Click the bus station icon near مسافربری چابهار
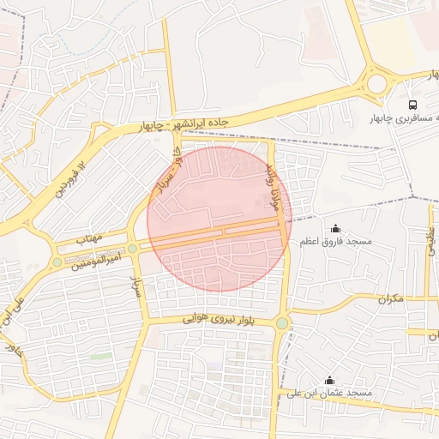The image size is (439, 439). (414, 103)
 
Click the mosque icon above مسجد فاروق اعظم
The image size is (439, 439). (334, 228)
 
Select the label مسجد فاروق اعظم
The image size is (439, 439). (335, 243)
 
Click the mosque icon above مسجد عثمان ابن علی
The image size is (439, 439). (329, 380)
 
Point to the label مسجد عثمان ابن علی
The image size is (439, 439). (330, 394)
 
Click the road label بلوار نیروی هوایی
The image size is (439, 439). (219, 318)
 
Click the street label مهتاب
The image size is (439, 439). (87, 234)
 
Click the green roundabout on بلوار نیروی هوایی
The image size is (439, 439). (282, 323)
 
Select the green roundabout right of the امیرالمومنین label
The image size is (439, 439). (133, 249)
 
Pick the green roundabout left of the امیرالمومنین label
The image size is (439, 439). (57, 262)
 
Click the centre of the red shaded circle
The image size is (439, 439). (219, 219)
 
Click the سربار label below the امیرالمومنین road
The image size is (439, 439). (135, 286)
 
